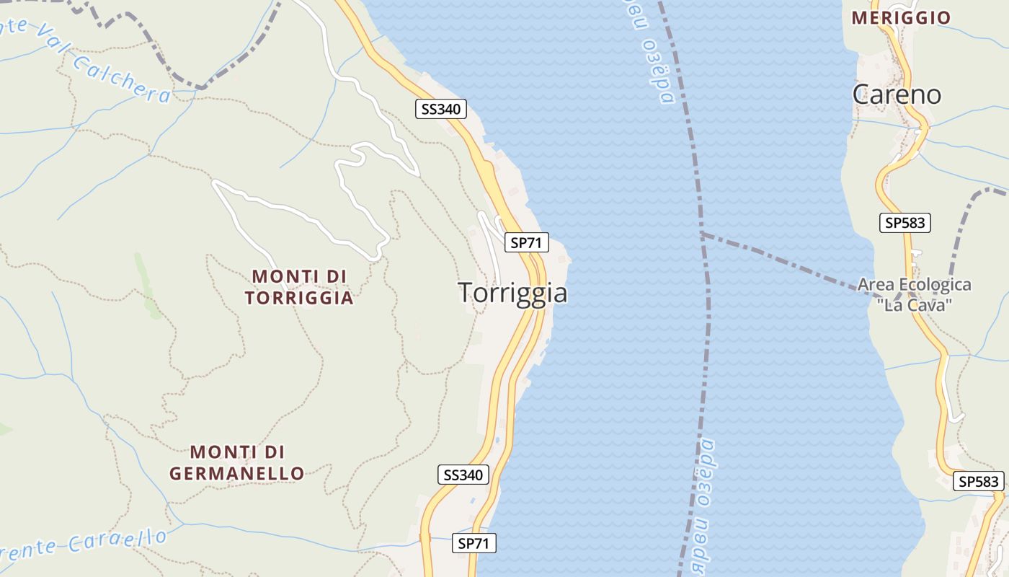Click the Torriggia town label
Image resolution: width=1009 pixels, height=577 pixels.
(x=512, y=293)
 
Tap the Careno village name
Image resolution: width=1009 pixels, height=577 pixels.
(x=897, y=94)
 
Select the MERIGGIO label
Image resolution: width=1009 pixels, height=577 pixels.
(x=901, y=18)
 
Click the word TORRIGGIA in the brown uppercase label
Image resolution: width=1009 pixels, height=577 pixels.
(x=299, y=298)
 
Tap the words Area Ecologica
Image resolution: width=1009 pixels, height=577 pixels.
(x=914, y=285)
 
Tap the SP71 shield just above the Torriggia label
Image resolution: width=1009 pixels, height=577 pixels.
(x=525, y=243)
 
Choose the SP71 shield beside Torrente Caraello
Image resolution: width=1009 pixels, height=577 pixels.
(x=474, y=543)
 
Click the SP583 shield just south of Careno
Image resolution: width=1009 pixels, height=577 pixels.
(x=905, y=223)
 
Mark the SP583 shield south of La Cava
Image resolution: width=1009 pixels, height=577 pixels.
(x=979, y=481)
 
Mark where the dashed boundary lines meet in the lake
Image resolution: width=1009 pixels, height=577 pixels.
(x=702, y=234)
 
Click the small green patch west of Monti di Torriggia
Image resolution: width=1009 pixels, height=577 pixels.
(x=148, y=288)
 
